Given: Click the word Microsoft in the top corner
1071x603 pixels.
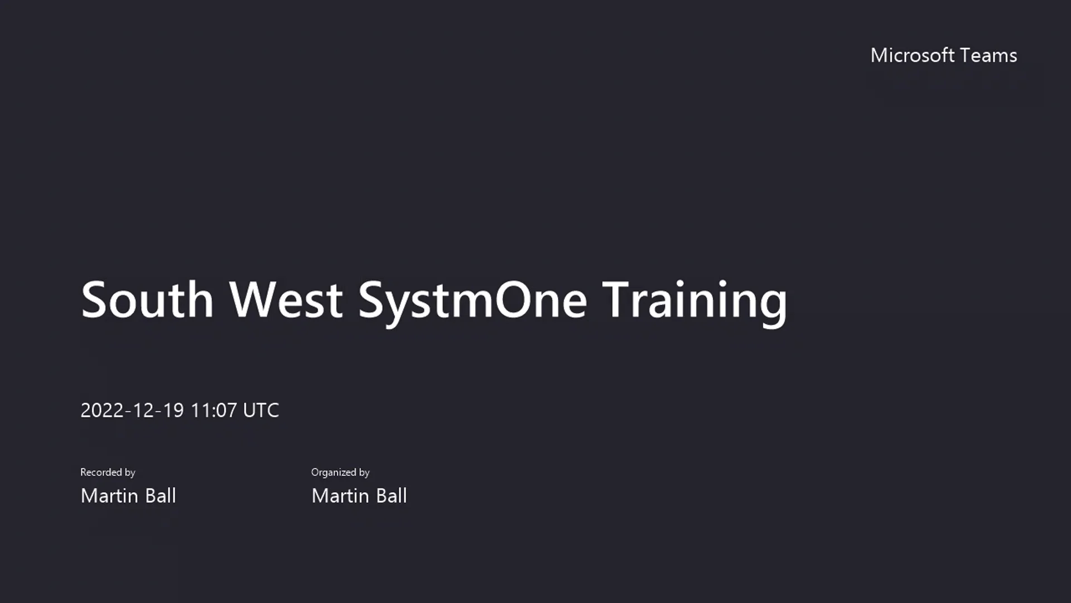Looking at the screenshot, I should [x=912, y=55].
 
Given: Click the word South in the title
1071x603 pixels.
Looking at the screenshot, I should [x=147, y=300].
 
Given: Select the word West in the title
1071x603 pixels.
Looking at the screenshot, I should [x=286, y=300].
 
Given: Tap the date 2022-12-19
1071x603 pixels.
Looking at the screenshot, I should [x=132, y=410].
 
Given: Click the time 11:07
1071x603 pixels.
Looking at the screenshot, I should [x=214, y=410].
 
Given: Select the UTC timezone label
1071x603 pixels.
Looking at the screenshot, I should [x=261, y=410].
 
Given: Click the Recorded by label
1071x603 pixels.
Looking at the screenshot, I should [x=108, y=472].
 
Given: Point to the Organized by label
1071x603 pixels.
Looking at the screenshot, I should [x=340, y=472].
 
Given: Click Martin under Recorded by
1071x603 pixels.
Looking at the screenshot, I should [x=109, y=496].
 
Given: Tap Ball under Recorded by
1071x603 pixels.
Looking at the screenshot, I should [x=161, y=496].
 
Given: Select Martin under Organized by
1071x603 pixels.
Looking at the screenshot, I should [x=340, y=496].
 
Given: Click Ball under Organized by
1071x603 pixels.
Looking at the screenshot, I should [x=392, y=496].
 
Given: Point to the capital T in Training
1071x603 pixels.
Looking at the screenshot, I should [x=620, y=300].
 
